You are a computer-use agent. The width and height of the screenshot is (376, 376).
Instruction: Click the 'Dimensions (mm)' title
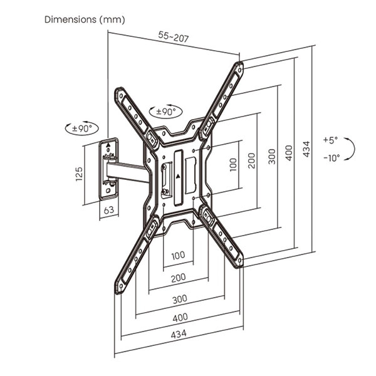click(x=85, y=19)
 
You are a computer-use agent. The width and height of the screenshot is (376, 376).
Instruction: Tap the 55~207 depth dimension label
click(x=174, y=37)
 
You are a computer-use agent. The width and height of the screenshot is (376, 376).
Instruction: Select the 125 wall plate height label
click(x=79, y=174)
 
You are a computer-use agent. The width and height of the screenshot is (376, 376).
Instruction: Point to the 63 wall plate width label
click(x=108, y=211)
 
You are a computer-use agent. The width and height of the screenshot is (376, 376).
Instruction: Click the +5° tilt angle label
click(x=330, y=140)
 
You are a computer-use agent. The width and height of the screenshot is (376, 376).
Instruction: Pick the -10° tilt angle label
click(x=332, y=158)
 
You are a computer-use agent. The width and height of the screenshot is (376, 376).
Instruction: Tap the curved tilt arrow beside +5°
click(x=352, y=149)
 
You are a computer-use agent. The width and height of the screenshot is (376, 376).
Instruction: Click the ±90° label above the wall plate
click(x=82, y=128)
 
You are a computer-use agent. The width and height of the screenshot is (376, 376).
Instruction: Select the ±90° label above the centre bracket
click(x=166, y=112)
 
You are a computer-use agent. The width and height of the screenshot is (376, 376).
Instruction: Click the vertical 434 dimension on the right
click(x=306, y=149)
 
